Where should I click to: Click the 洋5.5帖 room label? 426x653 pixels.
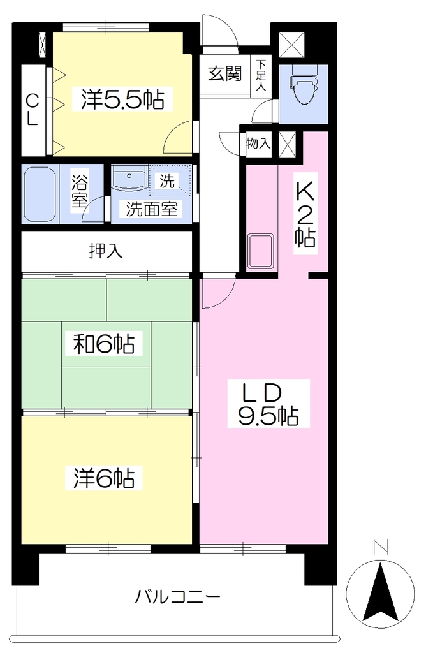click(x=123, y=99)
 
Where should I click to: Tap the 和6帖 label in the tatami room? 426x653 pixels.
click(x=104, y=344)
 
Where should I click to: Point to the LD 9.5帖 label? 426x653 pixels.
click(x=268, y=403)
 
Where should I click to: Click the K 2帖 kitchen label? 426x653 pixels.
click(x=305, y=214)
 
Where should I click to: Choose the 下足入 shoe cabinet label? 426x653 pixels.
click(x=261, y=75)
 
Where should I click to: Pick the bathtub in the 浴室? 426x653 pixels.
click(x=40, y=194)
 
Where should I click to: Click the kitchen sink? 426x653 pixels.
click(x=261, y=251)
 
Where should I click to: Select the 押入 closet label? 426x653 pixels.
click(x=106, y=251)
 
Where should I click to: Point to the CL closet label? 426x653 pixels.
click(x=33, y=110)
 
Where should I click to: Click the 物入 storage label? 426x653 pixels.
click(x=258, y=143)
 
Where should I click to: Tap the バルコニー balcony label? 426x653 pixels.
click(x=177, y=597)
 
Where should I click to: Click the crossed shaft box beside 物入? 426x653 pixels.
click(x=287, y=143)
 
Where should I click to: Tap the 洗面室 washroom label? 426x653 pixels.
click(x=152, y=209)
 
